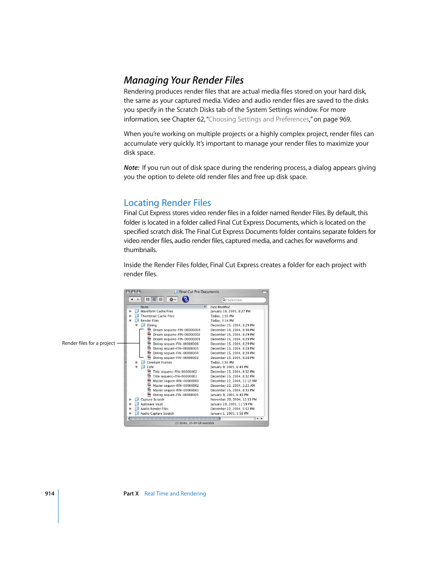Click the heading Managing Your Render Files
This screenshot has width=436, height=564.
click(x=184, y=80)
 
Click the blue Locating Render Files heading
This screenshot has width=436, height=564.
click(x=167, y=203)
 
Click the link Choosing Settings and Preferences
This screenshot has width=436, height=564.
click(x=259, y=119)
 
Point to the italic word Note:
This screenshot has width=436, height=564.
click(x=132, y=168)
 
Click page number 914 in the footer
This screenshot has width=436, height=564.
click(x=49, y=494)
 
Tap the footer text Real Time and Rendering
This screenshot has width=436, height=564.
click(x=175, y=494)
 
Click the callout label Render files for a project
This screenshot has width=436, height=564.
click(x=88, y=343)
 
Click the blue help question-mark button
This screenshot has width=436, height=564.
click(x=186, y=300)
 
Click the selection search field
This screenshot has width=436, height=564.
click(x=245, y=300)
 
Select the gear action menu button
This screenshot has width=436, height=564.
click(x=172, y=300)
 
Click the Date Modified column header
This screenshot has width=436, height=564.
click(x=220, y=307)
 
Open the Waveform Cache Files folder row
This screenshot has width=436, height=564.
click(x=157, y=311)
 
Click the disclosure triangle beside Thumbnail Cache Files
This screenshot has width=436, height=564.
click(x=130, y=316)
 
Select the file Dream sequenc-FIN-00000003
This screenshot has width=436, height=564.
click(x=176, y=330)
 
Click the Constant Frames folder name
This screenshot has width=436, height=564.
click(x=159, y=363)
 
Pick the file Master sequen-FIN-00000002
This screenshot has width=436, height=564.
click(x=175, y=385)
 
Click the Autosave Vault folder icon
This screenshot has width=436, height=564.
click(x=137, y=404)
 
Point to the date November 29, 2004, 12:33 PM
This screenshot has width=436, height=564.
click(x=233, y=400)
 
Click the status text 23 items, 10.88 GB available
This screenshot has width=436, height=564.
click(x=194, y=423)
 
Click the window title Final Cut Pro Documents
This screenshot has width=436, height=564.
click(x=199, y=292)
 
